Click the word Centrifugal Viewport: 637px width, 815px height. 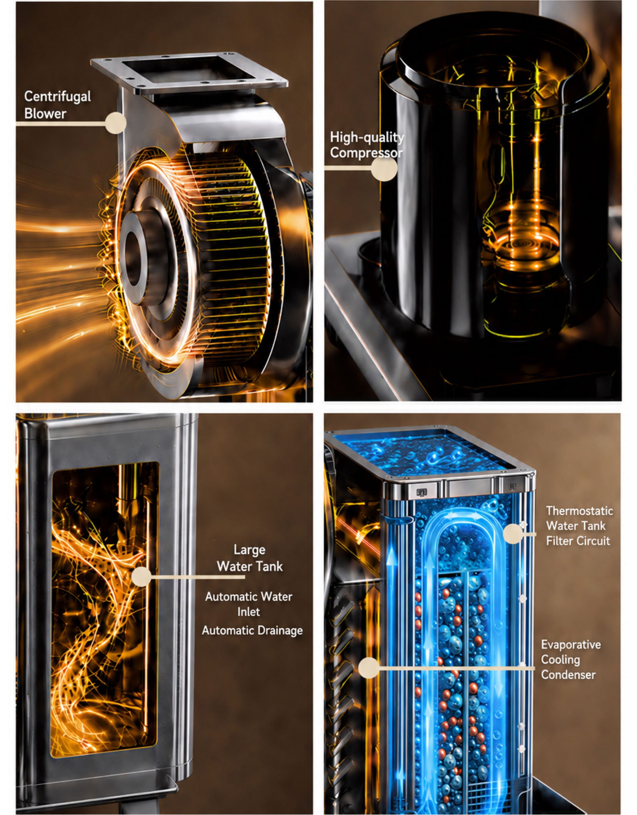58,97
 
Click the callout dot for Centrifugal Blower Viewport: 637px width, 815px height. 115,123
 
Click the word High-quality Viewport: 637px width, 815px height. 367,138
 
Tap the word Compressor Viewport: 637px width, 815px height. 366,153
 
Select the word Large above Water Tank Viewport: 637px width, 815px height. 249,550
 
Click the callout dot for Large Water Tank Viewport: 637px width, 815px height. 141,577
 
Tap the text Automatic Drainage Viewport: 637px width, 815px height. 252,630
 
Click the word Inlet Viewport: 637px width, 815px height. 249,612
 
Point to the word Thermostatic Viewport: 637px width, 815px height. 579,511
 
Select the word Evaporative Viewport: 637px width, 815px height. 571,644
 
